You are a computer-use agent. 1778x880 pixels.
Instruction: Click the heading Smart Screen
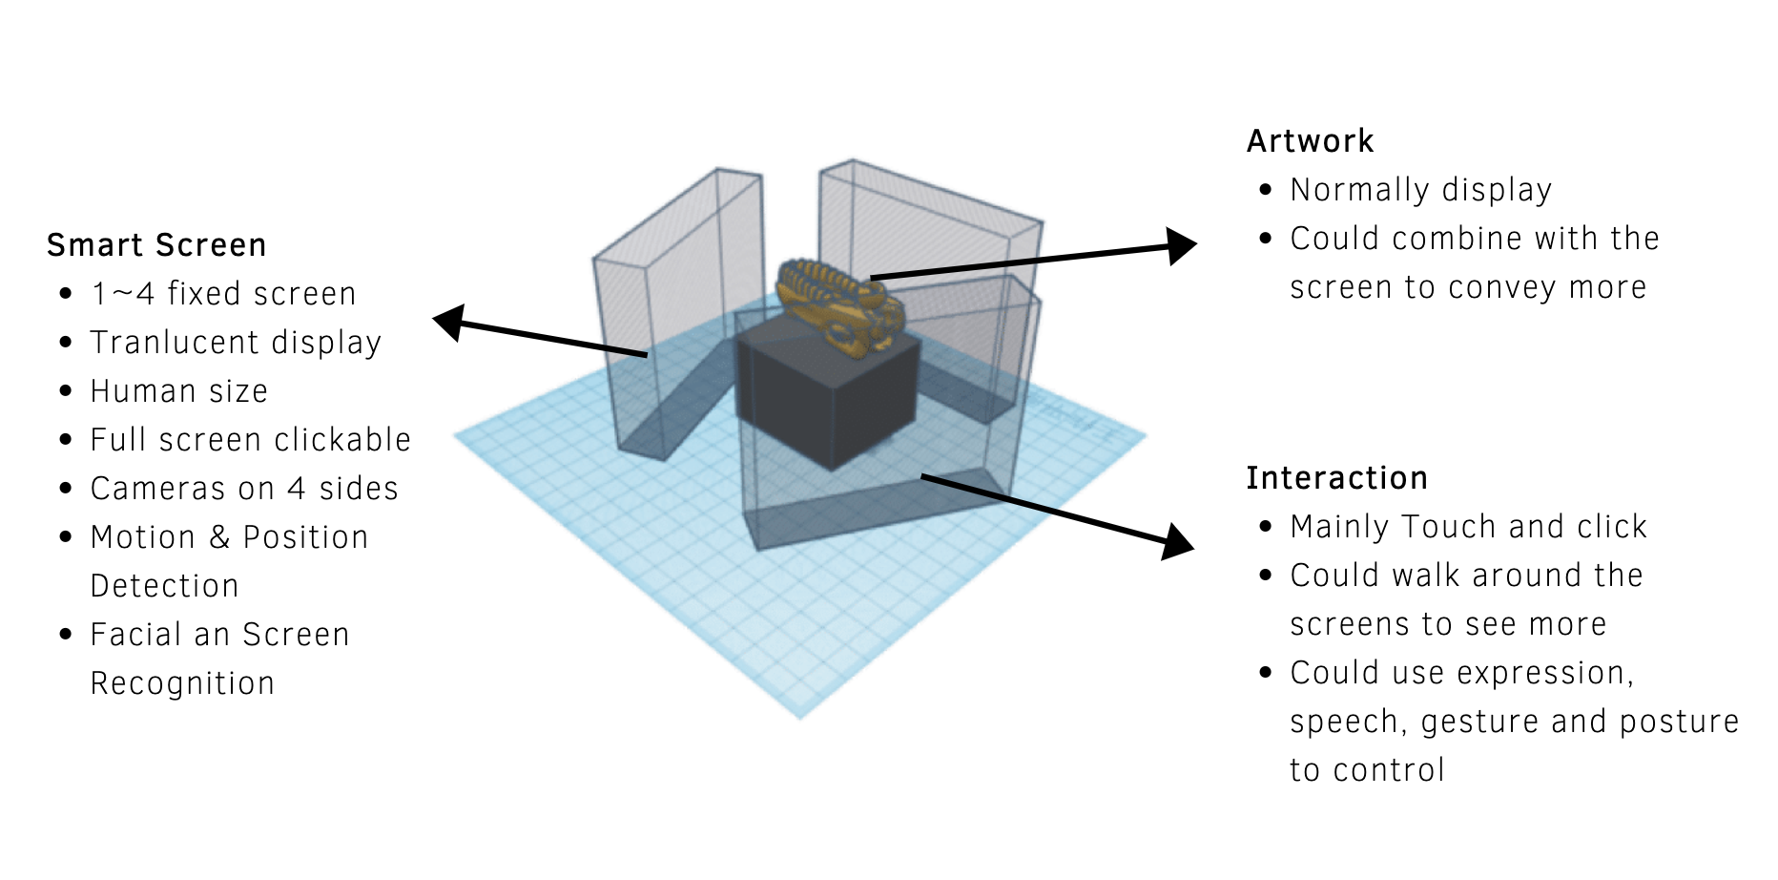[x=156, y=245]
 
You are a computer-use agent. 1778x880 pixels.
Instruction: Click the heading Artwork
[x=1310, y=141]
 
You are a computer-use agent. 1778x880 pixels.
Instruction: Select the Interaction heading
[x=1336, y=478]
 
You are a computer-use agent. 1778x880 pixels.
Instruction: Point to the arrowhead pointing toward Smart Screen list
[x=449, y=323]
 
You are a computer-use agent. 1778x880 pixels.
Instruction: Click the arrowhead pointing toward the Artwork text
[x=1181, y=246]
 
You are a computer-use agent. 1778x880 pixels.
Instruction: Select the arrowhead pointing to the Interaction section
[x=1178, y=542]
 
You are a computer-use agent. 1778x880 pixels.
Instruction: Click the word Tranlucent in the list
[x=175, y=343]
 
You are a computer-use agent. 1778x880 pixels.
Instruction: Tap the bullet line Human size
[x=178, y=391]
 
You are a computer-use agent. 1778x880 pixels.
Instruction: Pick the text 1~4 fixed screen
[x=223, y=294]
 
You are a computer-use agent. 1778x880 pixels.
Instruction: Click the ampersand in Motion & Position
[x=219, y=537]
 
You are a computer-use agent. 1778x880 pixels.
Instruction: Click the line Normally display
[x=1420, y=190]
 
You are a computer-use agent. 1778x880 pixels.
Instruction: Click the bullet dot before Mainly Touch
[x=1266, y=527]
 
